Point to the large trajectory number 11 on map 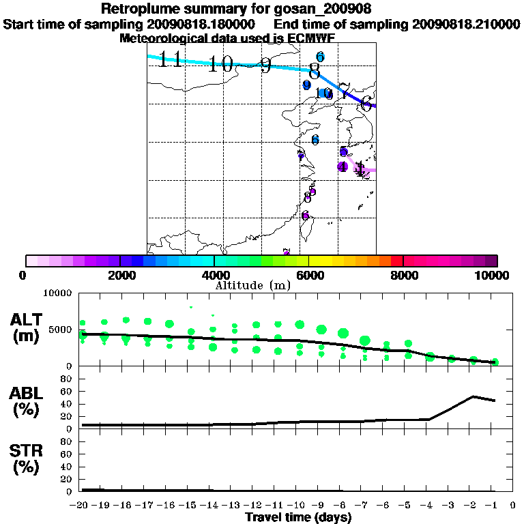(x=171, y=59)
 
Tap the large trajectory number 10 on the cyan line (x=221, y=65)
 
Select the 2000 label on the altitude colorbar (x=120, y=276)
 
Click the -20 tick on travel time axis (x=81, y=505)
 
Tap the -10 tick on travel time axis (x=299, y=505)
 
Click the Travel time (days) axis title (x=298, y=518)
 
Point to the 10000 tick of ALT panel (x=58, y=293)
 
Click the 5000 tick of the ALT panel (x=61, y=330)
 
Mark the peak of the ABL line (x=474, y=396)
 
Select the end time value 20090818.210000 (x=465, y=24)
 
